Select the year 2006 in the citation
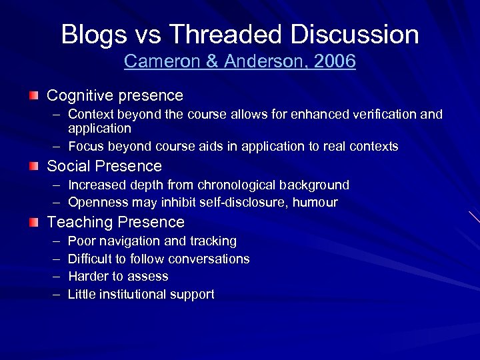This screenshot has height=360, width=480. tap(335, 61)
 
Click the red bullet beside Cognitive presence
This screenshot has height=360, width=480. tap(33, 97)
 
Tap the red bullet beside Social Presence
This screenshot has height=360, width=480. tap(33, 166)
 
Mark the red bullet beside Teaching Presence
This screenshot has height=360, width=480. tap(33, 223)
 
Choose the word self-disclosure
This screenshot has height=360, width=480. tap(247, 202)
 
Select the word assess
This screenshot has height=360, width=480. tap(149, 277)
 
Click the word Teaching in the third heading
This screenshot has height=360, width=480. tap(79, 222)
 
